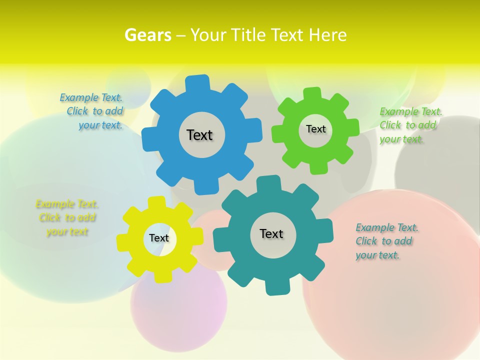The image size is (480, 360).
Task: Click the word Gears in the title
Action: [147, 35]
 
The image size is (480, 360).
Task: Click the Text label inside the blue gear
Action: [199, 135]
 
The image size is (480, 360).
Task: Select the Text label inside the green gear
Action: [315, 129]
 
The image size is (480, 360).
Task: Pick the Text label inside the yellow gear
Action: [159, 238]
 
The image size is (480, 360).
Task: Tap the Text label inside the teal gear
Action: [271, 233]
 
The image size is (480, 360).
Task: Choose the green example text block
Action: [410, 125]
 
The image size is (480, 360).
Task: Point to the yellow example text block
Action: [66, 218]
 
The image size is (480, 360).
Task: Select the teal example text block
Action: [386, 241]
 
